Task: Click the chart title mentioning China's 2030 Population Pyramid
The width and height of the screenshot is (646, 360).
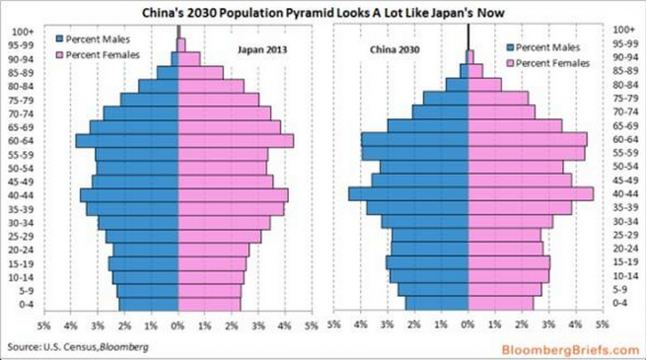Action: [x=323, y=10]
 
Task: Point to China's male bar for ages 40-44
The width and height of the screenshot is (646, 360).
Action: [x=408, y=194]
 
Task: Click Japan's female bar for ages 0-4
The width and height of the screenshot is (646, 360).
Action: [x=209, y=303]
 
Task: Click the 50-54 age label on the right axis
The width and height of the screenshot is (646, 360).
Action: [x=623, y=166]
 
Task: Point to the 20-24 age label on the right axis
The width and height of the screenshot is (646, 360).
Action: [x=623, y=249]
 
